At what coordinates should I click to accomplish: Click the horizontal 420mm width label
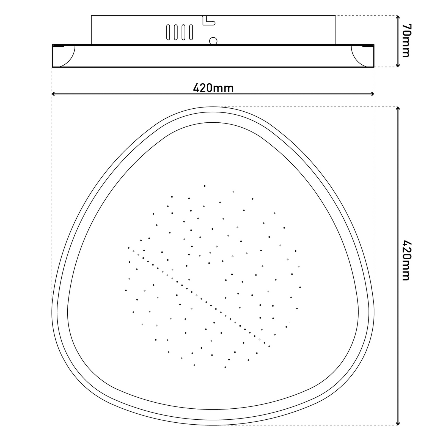point(213,88)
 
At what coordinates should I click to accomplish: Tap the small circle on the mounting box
point(213,41)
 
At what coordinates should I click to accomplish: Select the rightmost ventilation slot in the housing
point(191,32)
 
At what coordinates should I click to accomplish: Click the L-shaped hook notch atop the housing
point(208,21)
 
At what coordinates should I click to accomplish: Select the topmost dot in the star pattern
point(205,186)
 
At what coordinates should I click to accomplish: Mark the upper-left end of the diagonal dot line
point(129,248)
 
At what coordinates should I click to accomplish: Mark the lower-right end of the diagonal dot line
point(269,346)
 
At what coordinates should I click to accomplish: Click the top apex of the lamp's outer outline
point(213,107)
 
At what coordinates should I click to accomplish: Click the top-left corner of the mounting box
point(92,16)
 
